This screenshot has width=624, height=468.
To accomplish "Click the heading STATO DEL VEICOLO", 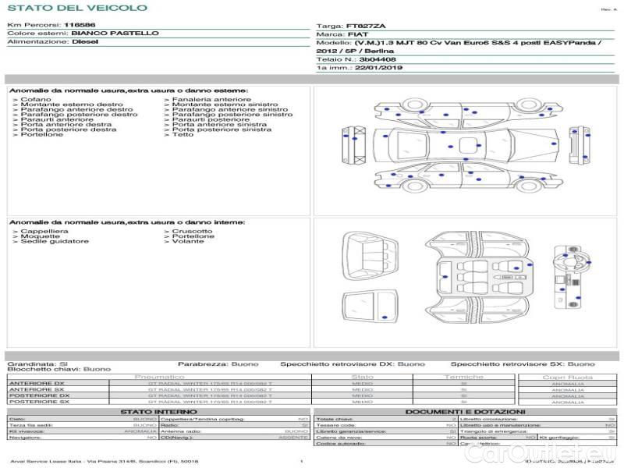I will tap(76, 8).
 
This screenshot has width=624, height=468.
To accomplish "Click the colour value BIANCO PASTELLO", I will tap(115, 34).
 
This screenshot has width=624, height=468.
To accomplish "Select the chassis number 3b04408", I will tap(378, 59).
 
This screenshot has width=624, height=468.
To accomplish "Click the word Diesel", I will tap(85, 42).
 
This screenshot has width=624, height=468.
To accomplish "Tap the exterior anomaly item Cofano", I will tap(36, 100).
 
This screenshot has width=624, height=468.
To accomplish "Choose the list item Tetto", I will tap(183, 135).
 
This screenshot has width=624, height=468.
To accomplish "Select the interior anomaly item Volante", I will tap(187, 242).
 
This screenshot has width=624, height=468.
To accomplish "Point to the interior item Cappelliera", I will tap(44, 232).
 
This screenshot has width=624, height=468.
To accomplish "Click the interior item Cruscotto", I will tap(192, 232).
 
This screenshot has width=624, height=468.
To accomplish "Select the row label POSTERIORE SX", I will tap(38, 402).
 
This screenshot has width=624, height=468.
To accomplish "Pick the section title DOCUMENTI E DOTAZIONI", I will tap(466, 412).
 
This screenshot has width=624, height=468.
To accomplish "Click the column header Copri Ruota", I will tap(568, 377).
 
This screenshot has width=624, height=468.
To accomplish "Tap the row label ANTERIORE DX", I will tap(37, 383).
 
